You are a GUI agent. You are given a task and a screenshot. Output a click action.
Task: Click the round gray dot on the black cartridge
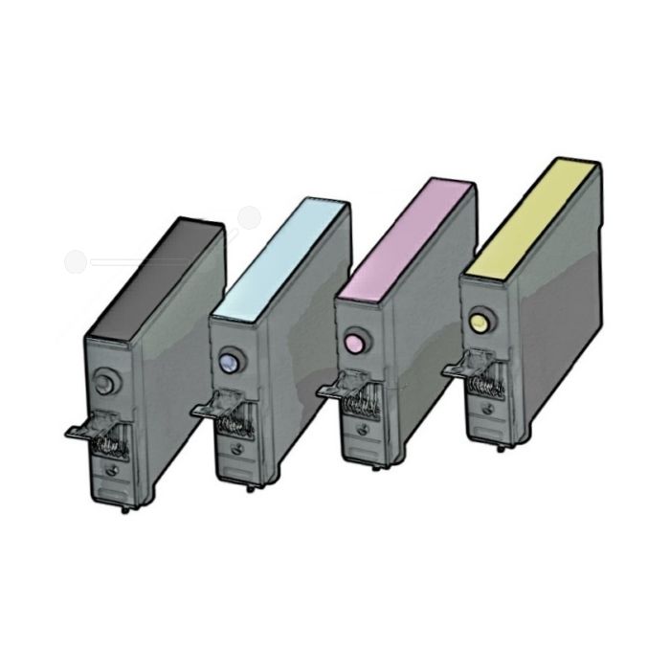pos(106,377)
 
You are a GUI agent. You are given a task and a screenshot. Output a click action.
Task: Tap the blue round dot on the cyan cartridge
pos(227,361)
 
